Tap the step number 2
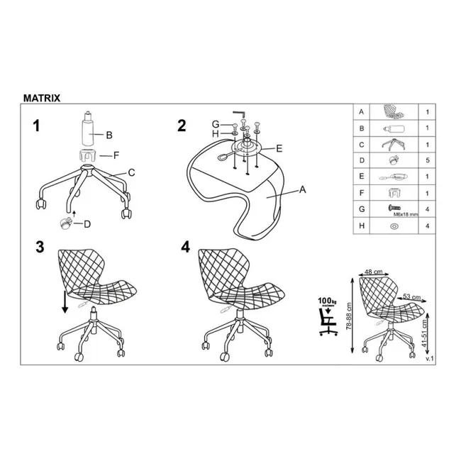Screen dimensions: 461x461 pos(182,126)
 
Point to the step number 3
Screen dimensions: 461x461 pos(40,248)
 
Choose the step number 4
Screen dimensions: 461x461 pos(186,247)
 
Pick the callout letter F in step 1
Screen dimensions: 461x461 pos(108,154)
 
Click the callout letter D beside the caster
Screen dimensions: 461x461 pos(88,224)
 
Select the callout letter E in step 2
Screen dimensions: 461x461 pos(279,148)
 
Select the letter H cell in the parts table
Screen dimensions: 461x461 pos(362,227)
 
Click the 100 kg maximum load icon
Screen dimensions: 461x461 pos(326,317)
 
